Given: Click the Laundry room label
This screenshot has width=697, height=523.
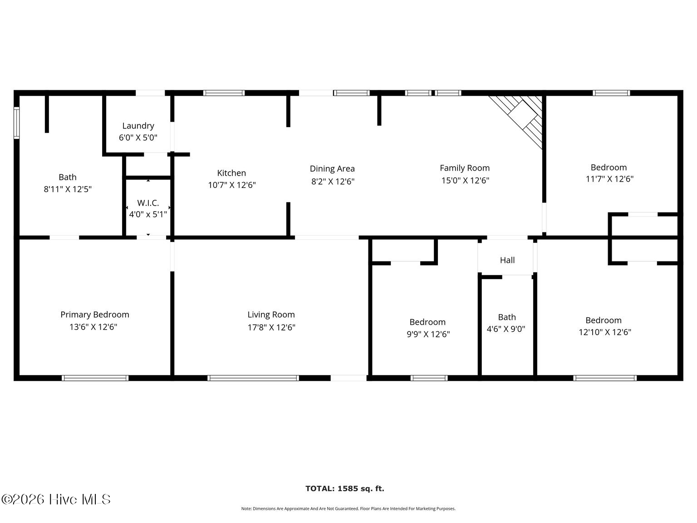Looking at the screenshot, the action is (138, 126).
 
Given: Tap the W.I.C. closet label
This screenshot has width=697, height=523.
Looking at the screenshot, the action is (148, 202).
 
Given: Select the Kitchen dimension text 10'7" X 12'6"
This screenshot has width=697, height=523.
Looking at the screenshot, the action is (232, 185).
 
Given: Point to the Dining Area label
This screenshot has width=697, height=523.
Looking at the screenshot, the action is (332, 168).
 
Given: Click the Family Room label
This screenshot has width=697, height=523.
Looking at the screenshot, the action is (465, 168).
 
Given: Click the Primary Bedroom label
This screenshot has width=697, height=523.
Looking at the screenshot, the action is (95, 315).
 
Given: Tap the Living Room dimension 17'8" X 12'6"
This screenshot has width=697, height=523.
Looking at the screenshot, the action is (271, 327).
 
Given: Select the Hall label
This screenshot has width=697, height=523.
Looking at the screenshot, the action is (507, 260).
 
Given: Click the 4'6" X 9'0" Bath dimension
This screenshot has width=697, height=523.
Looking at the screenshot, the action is (506, 329).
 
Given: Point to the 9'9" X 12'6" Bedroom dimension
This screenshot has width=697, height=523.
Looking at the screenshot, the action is (428, 334).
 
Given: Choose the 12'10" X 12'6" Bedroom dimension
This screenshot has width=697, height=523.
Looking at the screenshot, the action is (605, 332).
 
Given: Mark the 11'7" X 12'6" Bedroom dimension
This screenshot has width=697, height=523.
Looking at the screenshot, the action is (609, 179).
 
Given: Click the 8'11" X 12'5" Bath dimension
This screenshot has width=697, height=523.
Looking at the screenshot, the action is (68, 189).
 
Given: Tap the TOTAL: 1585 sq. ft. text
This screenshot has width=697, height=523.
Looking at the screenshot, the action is (345, 488).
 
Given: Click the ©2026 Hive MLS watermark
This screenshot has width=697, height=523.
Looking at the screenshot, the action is (56, 499).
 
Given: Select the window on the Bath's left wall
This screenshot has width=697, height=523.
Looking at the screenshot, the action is (16, 123).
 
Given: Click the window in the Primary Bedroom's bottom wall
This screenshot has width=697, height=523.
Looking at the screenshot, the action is (95, 378).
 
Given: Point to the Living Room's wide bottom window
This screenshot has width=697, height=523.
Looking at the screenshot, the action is (253, 378).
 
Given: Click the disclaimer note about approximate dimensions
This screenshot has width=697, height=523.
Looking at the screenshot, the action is (348, 508).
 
